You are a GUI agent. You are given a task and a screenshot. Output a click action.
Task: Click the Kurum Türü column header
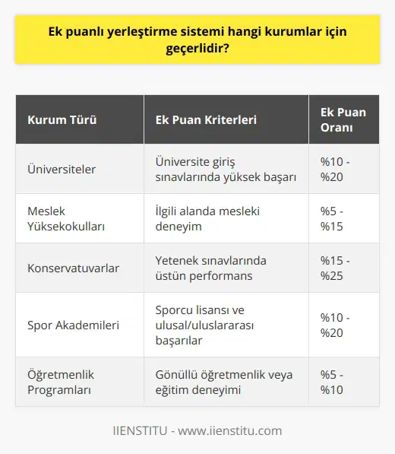[62, 120]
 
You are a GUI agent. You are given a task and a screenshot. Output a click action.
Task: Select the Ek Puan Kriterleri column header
[205, 120]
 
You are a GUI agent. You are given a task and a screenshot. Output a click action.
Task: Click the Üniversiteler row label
[62, 170]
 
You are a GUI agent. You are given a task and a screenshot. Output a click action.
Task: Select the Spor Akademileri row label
[72, 325]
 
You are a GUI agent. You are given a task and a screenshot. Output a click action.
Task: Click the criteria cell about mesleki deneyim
[207, 218]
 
